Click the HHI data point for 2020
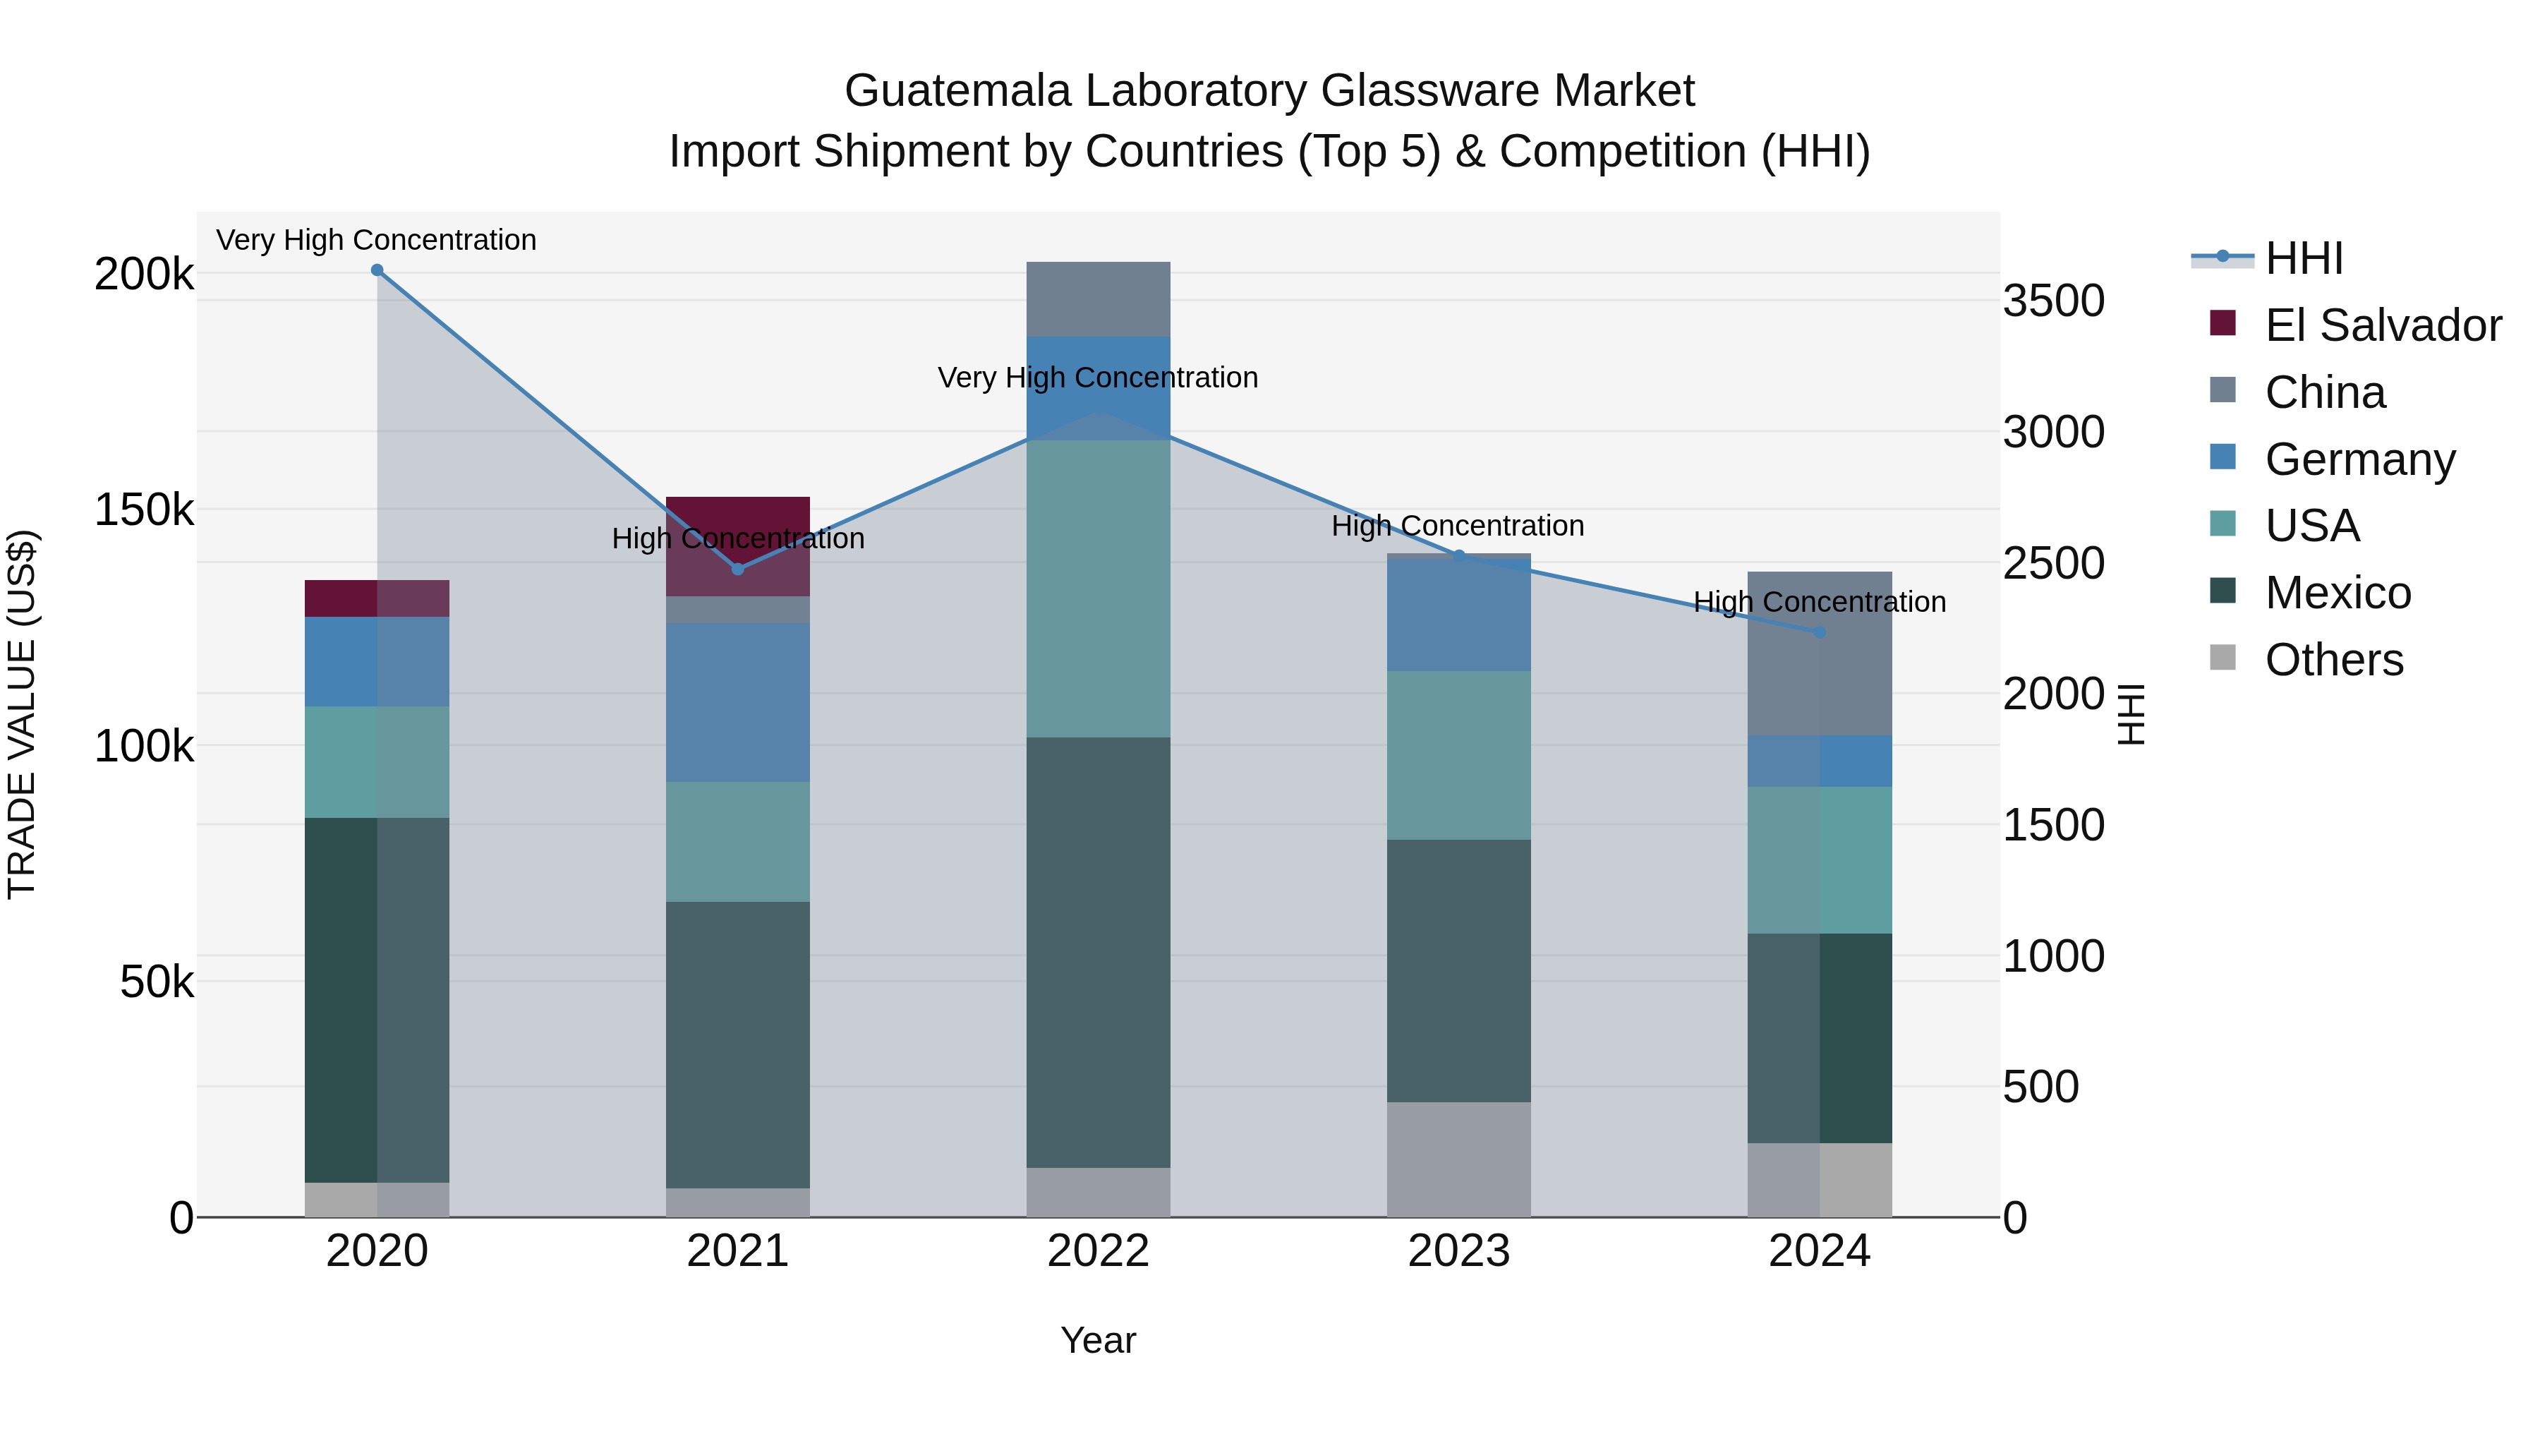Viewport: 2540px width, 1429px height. coord(377,270)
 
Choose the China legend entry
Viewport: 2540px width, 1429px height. coord(2324,392)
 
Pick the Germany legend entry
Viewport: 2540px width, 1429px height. coord(2359,459)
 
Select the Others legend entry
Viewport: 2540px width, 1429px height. coord(2333,660)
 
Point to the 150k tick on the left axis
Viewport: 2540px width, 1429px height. coord(144,511)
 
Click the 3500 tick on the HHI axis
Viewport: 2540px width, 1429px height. coord(2054,301)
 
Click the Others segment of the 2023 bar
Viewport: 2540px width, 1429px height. coord(1458,1159)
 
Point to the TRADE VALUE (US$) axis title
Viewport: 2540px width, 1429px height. coord(22,714)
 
